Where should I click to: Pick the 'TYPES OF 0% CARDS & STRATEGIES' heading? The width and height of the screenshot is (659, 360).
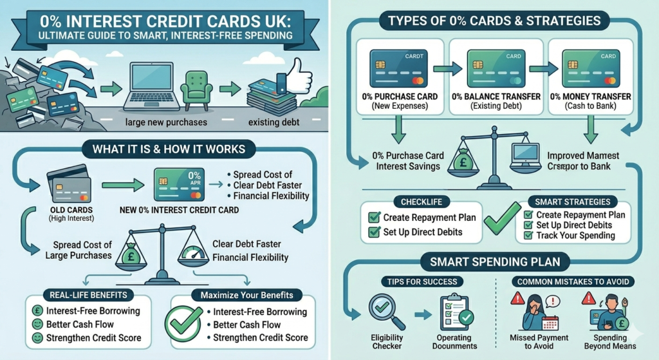point(494,21)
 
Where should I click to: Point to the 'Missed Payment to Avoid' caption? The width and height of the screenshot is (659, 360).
point(539,342)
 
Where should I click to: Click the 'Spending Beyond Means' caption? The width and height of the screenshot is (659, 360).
point(610,342)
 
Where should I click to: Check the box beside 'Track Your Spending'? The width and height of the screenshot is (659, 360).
point(528,236)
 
